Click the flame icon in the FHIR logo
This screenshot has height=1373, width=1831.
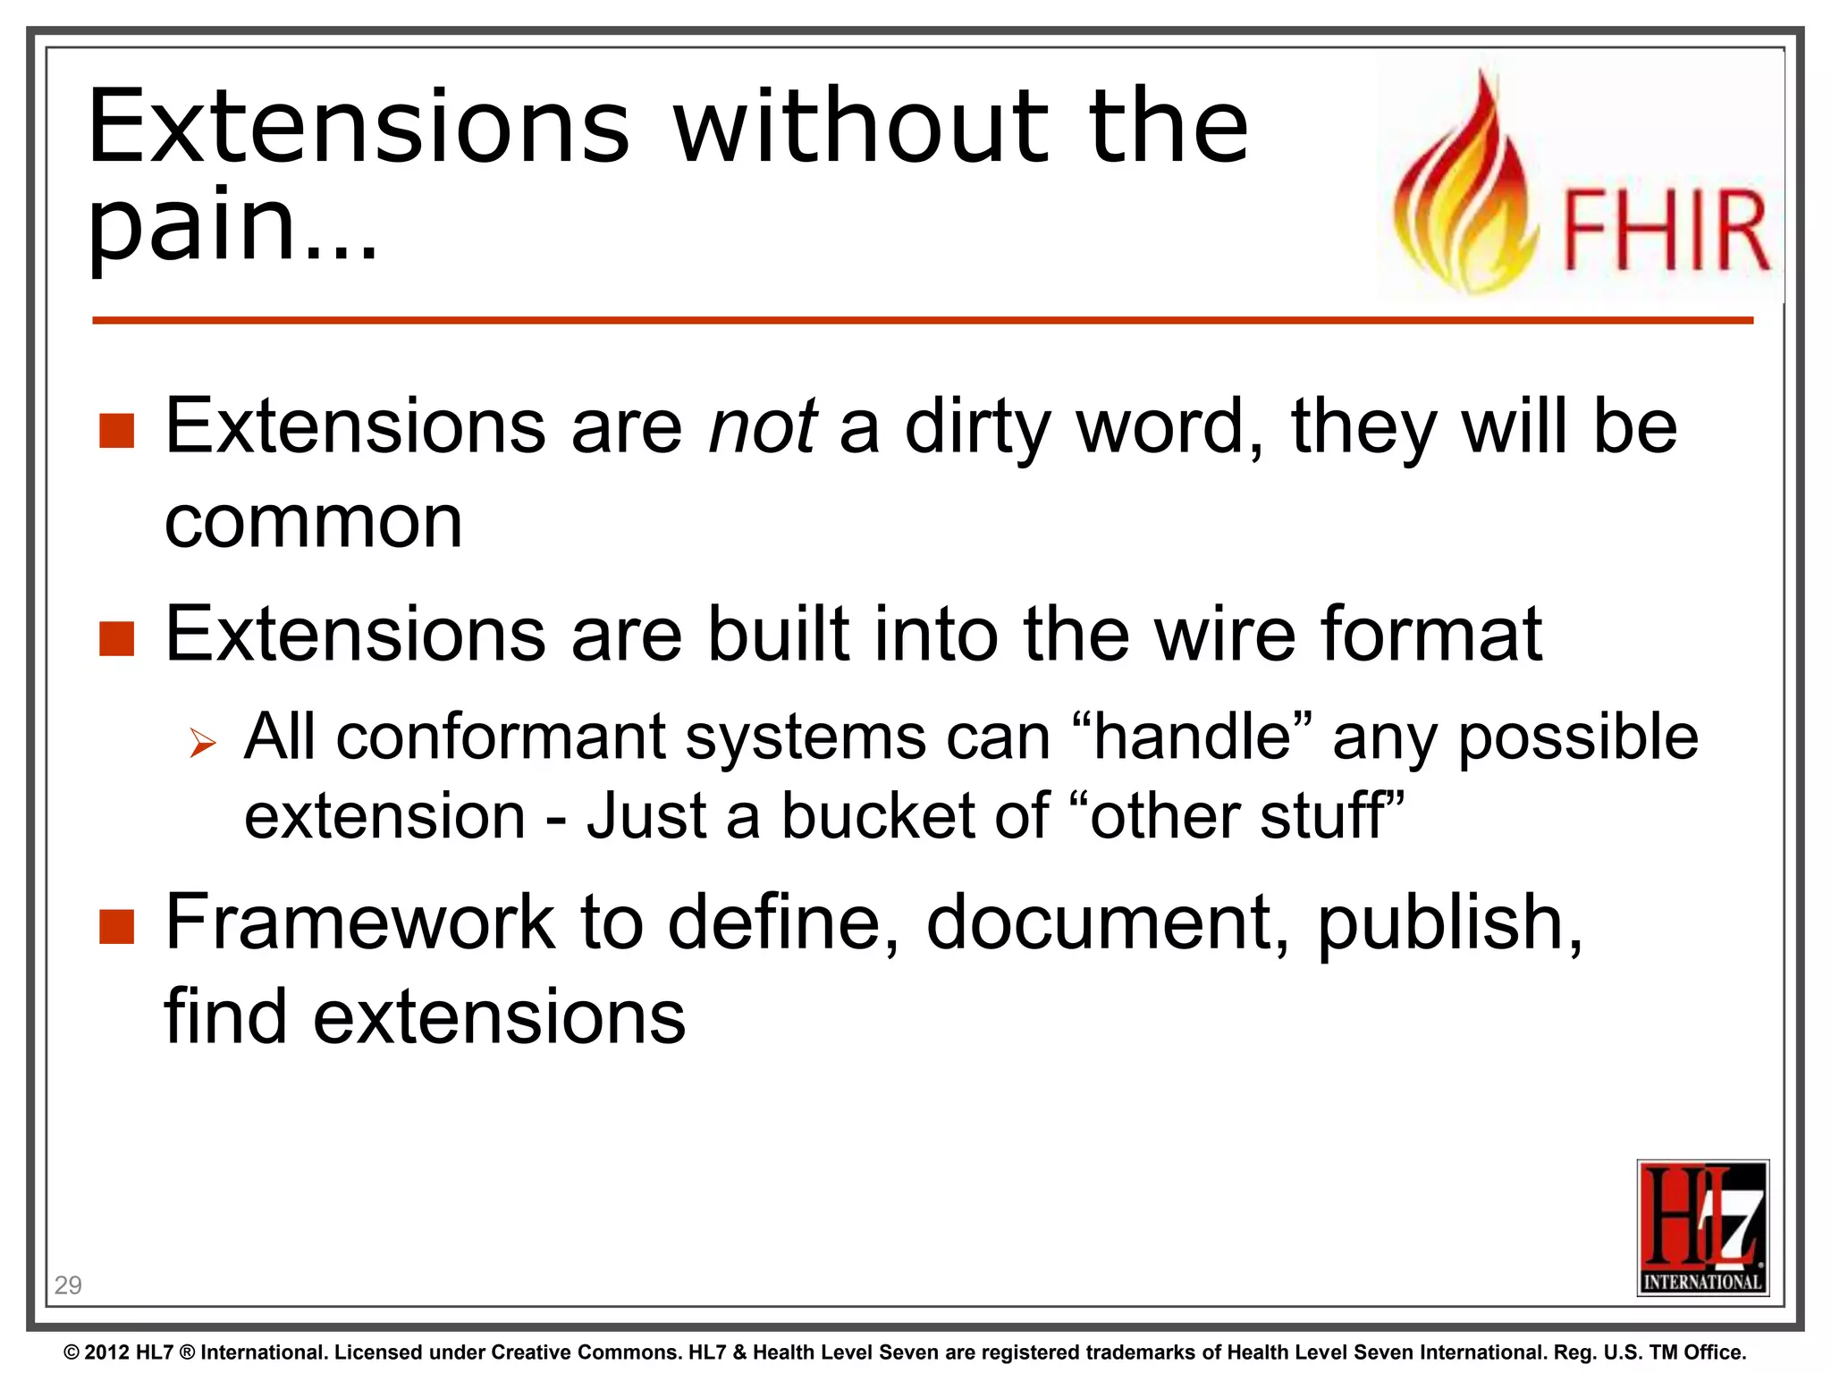coord(1466,192)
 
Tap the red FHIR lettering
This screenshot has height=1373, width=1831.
coord(1665,232)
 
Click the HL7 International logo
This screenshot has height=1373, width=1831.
coord(1702,1227)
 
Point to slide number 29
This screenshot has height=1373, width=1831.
coord(68,1285)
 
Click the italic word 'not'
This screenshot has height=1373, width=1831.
coord(761,426)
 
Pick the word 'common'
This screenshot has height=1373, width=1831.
coord(313,521)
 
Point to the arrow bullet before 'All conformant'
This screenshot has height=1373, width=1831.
coord(203,742)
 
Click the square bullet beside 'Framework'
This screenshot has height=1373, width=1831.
coord(116,927)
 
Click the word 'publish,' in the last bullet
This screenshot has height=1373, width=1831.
coord(1449,923)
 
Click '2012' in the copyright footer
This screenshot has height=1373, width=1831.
coord(107,1352)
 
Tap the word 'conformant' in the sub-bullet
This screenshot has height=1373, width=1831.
coord(502,737)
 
